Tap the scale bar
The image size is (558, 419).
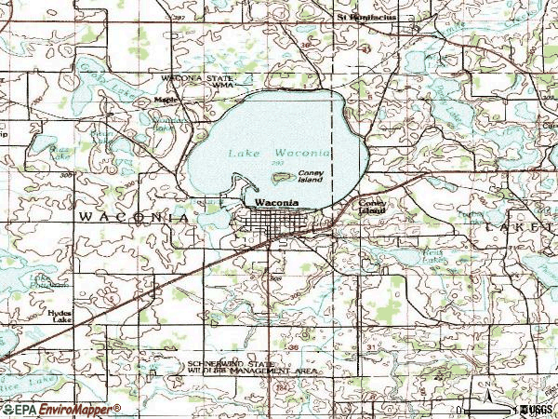click(487, 409)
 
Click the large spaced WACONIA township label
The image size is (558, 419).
click(135, 216)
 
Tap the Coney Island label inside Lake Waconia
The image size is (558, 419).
click(311, 177)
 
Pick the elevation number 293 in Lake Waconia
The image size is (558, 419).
click(278, 164)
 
